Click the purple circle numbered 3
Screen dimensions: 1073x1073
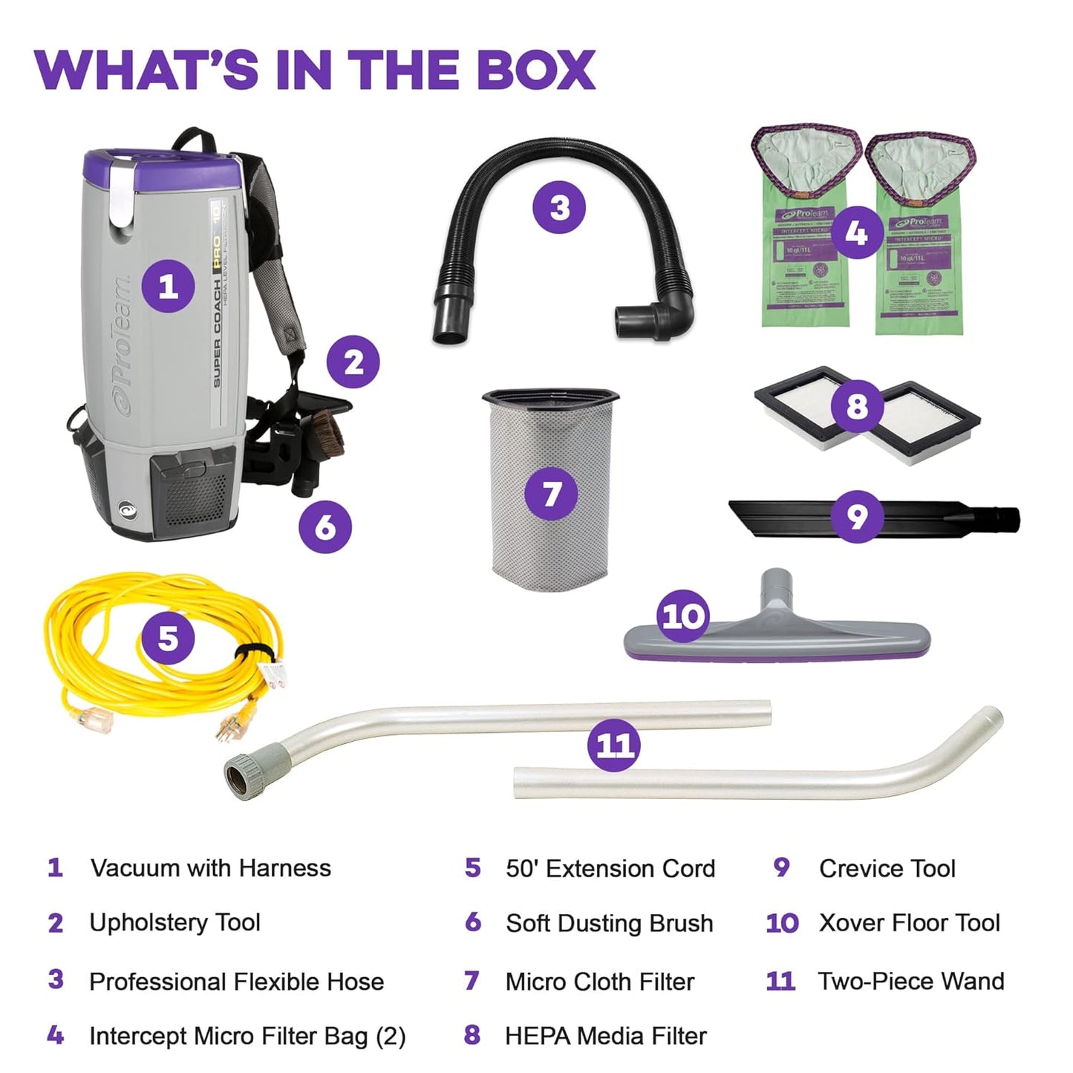[559, 208]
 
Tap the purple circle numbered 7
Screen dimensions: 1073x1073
[551, 494]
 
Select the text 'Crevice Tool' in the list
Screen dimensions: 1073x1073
[887, 868]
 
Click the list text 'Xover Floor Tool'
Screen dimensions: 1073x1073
[909, 923]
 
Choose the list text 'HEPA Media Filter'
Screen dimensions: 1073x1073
[605, 1036]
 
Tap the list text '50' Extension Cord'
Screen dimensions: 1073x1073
[610, 868]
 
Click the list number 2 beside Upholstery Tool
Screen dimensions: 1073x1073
[56, 923]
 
